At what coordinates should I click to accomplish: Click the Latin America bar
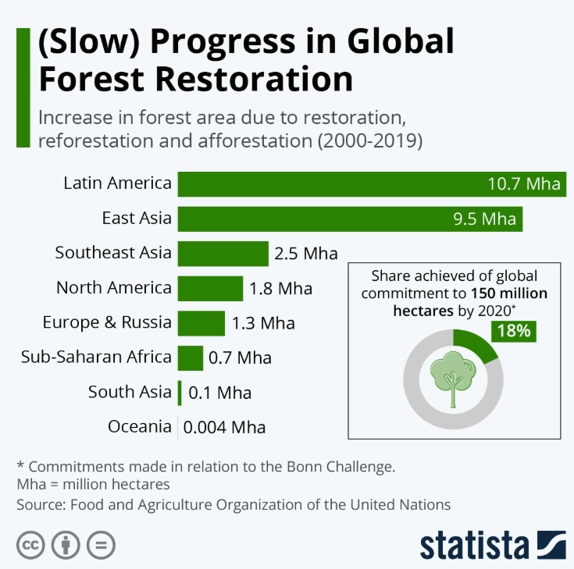pyautogui.click(x=328, y=184)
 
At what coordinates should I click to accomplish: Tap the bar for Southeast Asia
pyautogui.click(x=223, y=254)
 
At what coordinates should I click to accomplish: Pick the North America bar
pyautogui.click(x=210, y=289)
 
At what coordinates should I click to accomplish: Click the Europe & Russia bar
pyautogui.click(x=201, y=323)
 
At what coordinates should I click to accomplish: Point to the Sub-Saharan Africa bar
pyautogui.click(x=190, y=358)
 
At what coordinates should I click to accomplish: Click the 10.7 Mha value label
pyautogui.click(x=524, y=185)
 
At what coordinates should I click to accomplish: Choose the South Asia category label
pyautogui.click(x=129, y=392)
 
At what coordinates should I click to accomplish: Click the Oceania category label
pyautogui.click(x=140, y=427)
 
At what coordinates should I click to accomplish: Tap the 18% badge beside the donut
pyautogui.click(x=512, y=331)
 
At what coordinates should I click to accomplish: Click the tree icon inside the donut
pyautogui.click(x=453, y=377)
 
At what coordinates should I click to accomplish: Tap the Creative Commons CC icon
pyautogui.click(x=30, y=544)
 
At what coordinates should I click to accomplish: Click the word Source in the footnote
pyautogui.click(x=40, y=504)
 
